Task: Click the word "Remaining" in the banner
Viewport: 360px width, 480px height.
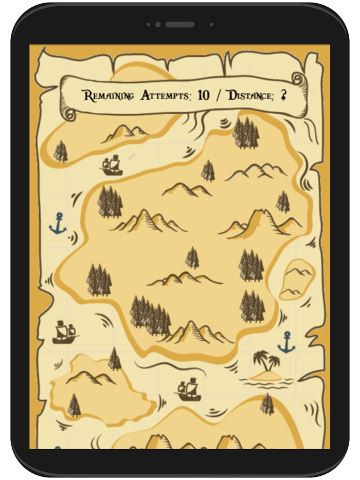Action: pyautogui.click(x=109, y=96)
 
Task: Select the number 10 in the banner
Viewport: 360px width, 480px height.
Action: pyautogui.click(x=204, y=95)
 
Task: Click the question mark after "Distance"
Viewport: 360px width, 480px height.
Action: pyautogui.click(x=283, y=96)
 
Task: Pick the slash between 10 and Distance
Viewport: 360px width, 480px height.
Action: pyautogui.click(x=219, y=96)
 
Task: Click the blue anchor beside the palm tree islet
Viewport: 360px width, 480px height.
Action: pyautogui.click(x=286, y=343)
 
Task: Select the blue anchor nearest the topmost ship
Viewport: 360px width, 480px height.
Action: pyautogui.click(x=58, y=224)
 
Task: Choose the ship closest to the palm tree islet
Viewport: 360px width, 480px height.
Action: pyautogui.click(x=188, y=390)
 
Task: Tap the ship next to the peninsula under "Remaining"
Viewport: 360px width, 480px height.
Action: pyautogui.click(x=112, y=165)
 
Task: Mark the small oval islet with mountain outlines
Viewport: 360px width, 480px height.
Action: pyautogui.click(x=297, y=280)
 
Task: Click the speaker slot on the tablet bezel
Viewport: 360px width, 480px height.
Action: pyautogui.click(x=179, y=24)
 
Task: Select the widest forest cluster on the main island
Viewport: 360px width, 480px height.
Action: pyautogui.click(x=150, y=315)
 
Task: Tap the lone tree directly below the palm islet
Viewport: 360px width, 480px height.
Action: pyautogui.click(x=267, y=404)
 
